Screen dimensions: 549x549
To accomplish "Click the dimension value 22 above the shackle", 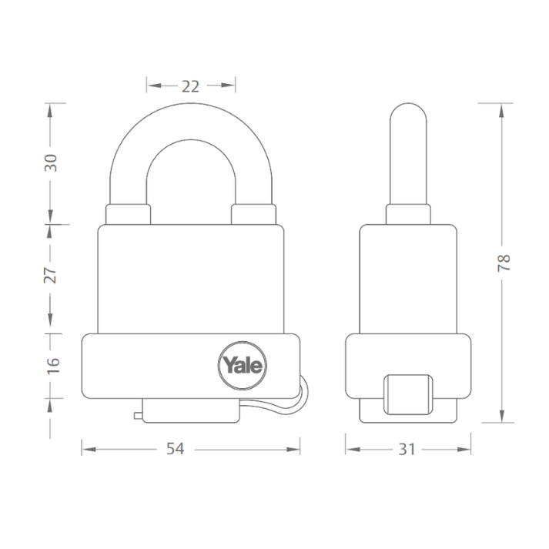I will pos(191,85).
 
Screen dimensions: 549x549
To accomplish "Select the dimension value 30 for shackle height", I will pos(51,163).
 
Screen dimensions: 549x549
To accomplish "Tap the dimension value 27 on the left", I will pos(51,275).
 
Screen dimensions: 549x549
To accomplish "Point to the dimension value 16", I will pos(51,366).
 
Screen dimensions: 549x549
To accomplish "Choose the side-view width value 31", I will pos(408,450).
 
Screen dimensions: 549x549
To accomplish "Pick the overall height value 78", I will pos(503,262).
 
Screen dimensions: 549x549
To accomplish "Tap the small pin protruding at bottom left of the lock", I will pos(138,417).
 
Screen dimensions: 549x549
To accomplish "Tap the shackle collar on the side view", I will pos(408,213).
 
